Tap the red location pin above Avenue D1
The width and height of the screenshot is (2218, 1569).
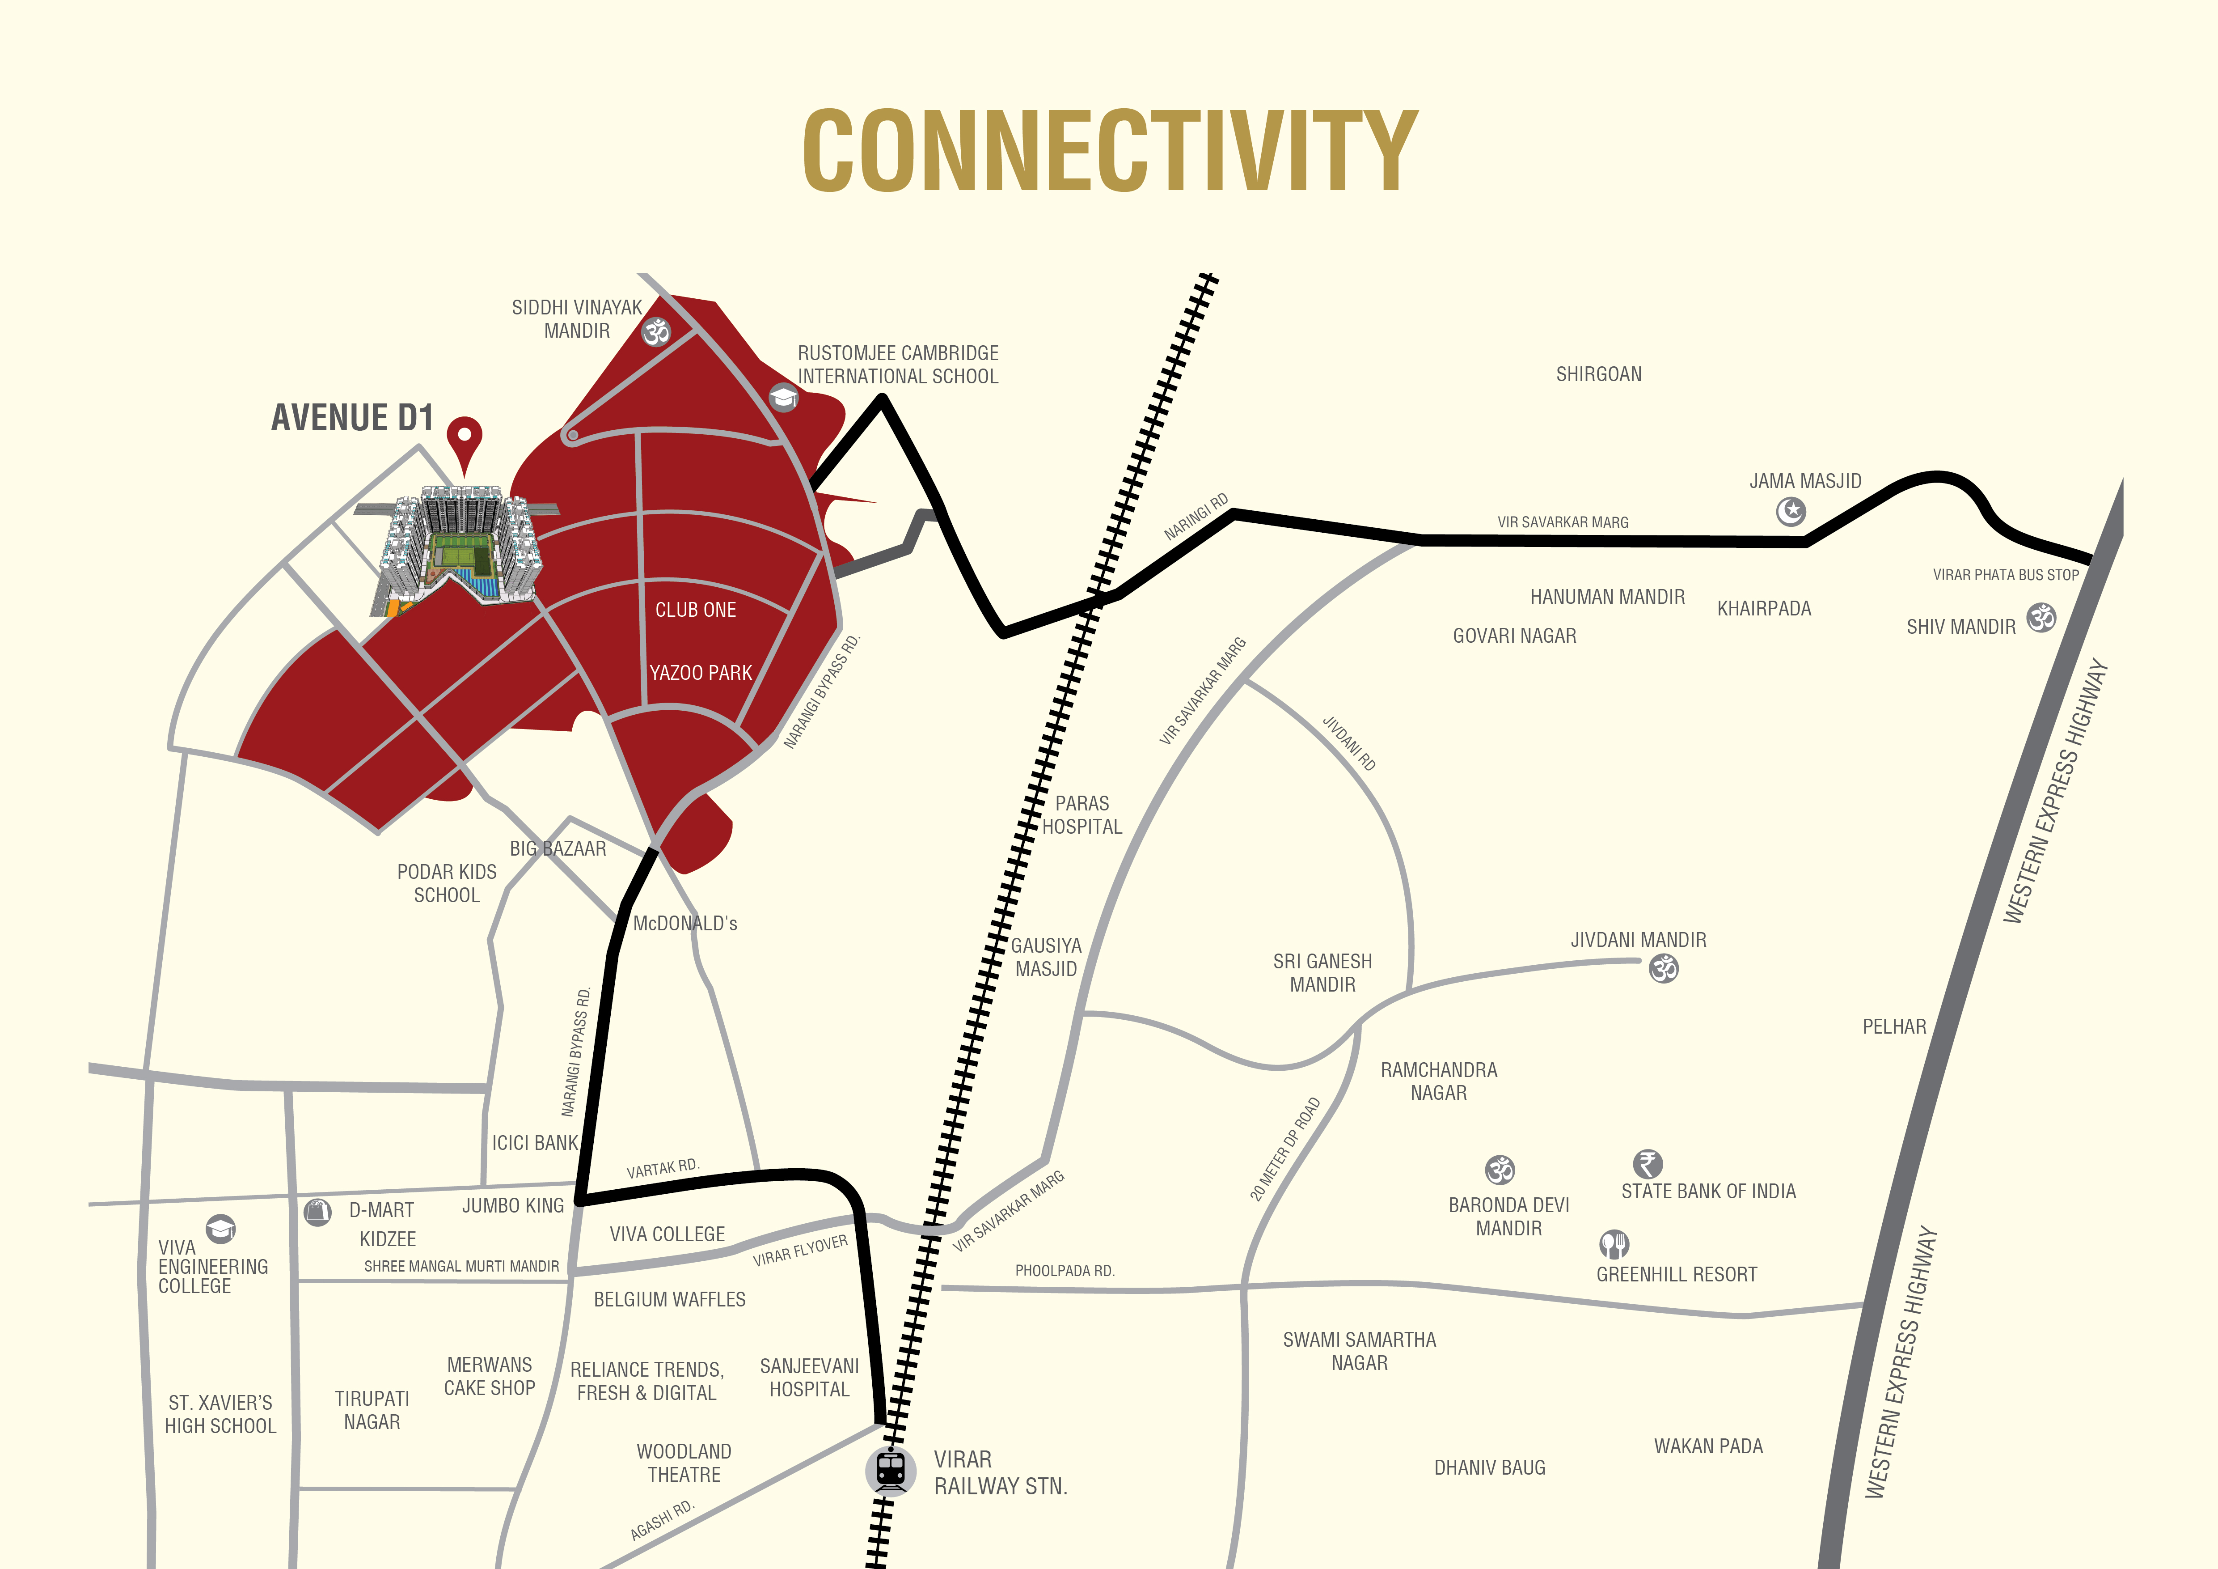(465, 440)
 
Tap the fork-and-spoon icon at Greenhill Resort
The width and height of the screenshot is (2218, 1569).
(1613, 1243)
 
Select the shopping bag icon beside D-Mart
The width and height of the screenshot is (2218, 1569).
(317, 1212)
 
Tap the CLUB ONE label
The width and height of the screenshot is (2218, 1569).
(696, 610)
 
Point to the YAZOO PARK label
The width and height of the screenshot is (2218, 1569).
(701, 672)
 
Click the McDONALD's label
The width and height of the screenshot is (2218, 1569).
(685, 924)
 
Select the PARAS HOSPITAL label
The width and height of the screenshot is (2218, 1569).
(1082, 814)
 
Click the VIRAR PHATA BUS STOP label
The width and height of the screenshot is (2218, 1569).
(2006, 575)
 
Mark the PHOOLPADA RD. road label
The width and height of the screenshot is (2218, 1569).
(1065, 1271)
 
